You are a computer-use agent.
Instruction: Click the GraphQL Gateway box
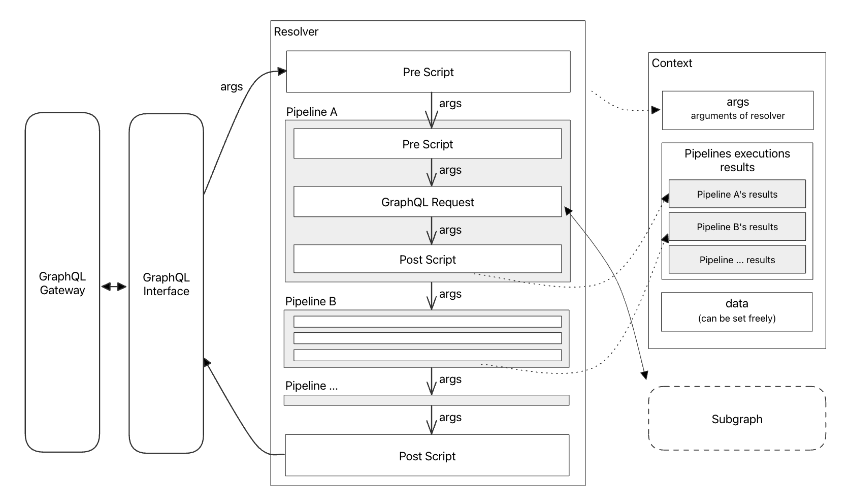click(x=62, y=283)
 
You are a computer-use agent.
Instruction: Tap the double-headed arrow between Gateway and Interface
click(x=114, y=287)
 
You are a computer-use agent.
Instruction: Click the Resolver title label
click(x=296, y=31)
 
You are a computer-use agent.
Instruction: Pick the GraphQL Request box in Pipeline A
click(x=428, y=202)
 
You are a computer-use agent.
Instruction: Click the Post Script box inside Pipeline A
click(x=428, y=259)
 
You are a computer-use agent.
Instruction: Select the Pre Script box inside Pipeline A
click(x=428, y=144)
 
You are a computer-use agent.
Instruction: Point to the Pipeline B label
click(x=310, y=301)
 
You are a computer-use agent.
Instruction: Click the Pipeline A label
click(x=311, y=112)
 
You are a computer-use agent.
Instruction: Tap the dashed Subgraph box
click(x=737, y=419)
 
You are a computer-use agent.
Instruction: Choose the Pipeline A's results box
click(x=737, y=194)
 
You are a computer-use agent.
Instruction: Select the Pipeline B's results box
click(x=737, y=227)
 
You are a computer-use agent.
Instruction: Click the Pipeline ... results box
click(x=737, y=260)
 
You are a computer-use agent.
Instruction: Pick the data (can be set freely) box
click(x=737, y=311)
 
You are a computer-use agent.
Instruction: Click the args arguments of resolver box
click(x=737, y=110)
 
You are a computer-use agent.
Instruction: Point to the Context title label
click(x=672, y=63)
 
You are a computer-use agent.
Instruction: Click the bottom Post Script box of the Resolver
click(x=427, y=456)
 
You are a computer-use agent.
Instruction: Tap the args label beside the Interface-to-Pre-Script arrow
click(x=232, y=86)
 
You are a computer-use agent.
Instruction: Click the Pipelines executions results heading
click(x=737, y=160)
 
